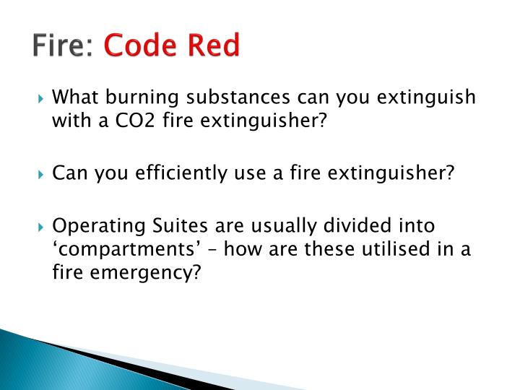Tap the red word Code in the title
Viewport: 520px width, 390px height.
coord(138,46)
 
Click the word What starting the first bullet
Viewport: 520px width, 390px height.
coord(77,97)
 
